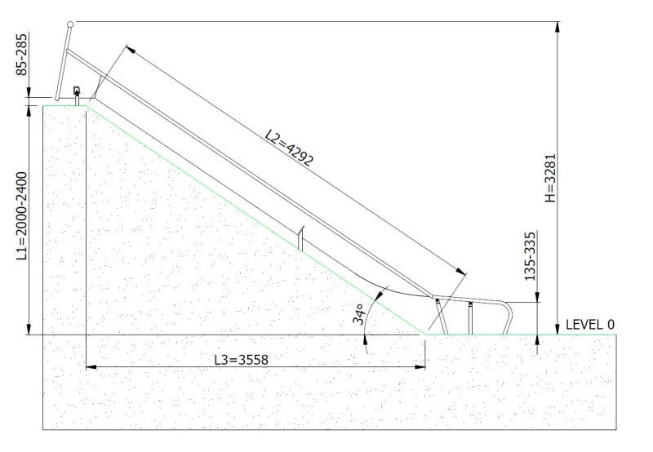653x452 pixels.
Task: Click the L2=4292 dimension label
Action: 289,148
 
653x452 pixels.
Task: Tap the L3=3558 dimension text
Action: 241,359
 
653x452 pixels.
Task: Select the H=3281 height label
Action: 550,178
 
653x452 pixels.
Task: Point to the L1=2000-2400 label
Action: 22,216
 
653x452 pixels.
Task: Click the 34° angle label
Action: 358,314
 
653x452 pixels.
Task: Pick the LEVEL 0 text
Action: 589,325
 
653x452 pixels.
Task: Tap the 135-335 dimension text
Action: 530,256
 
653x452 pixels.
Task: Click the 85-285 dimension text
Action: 22,55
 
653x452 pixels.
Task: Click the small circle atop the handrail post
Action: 70,24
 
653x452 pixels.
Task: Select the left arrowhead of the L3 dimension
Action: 91,367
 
